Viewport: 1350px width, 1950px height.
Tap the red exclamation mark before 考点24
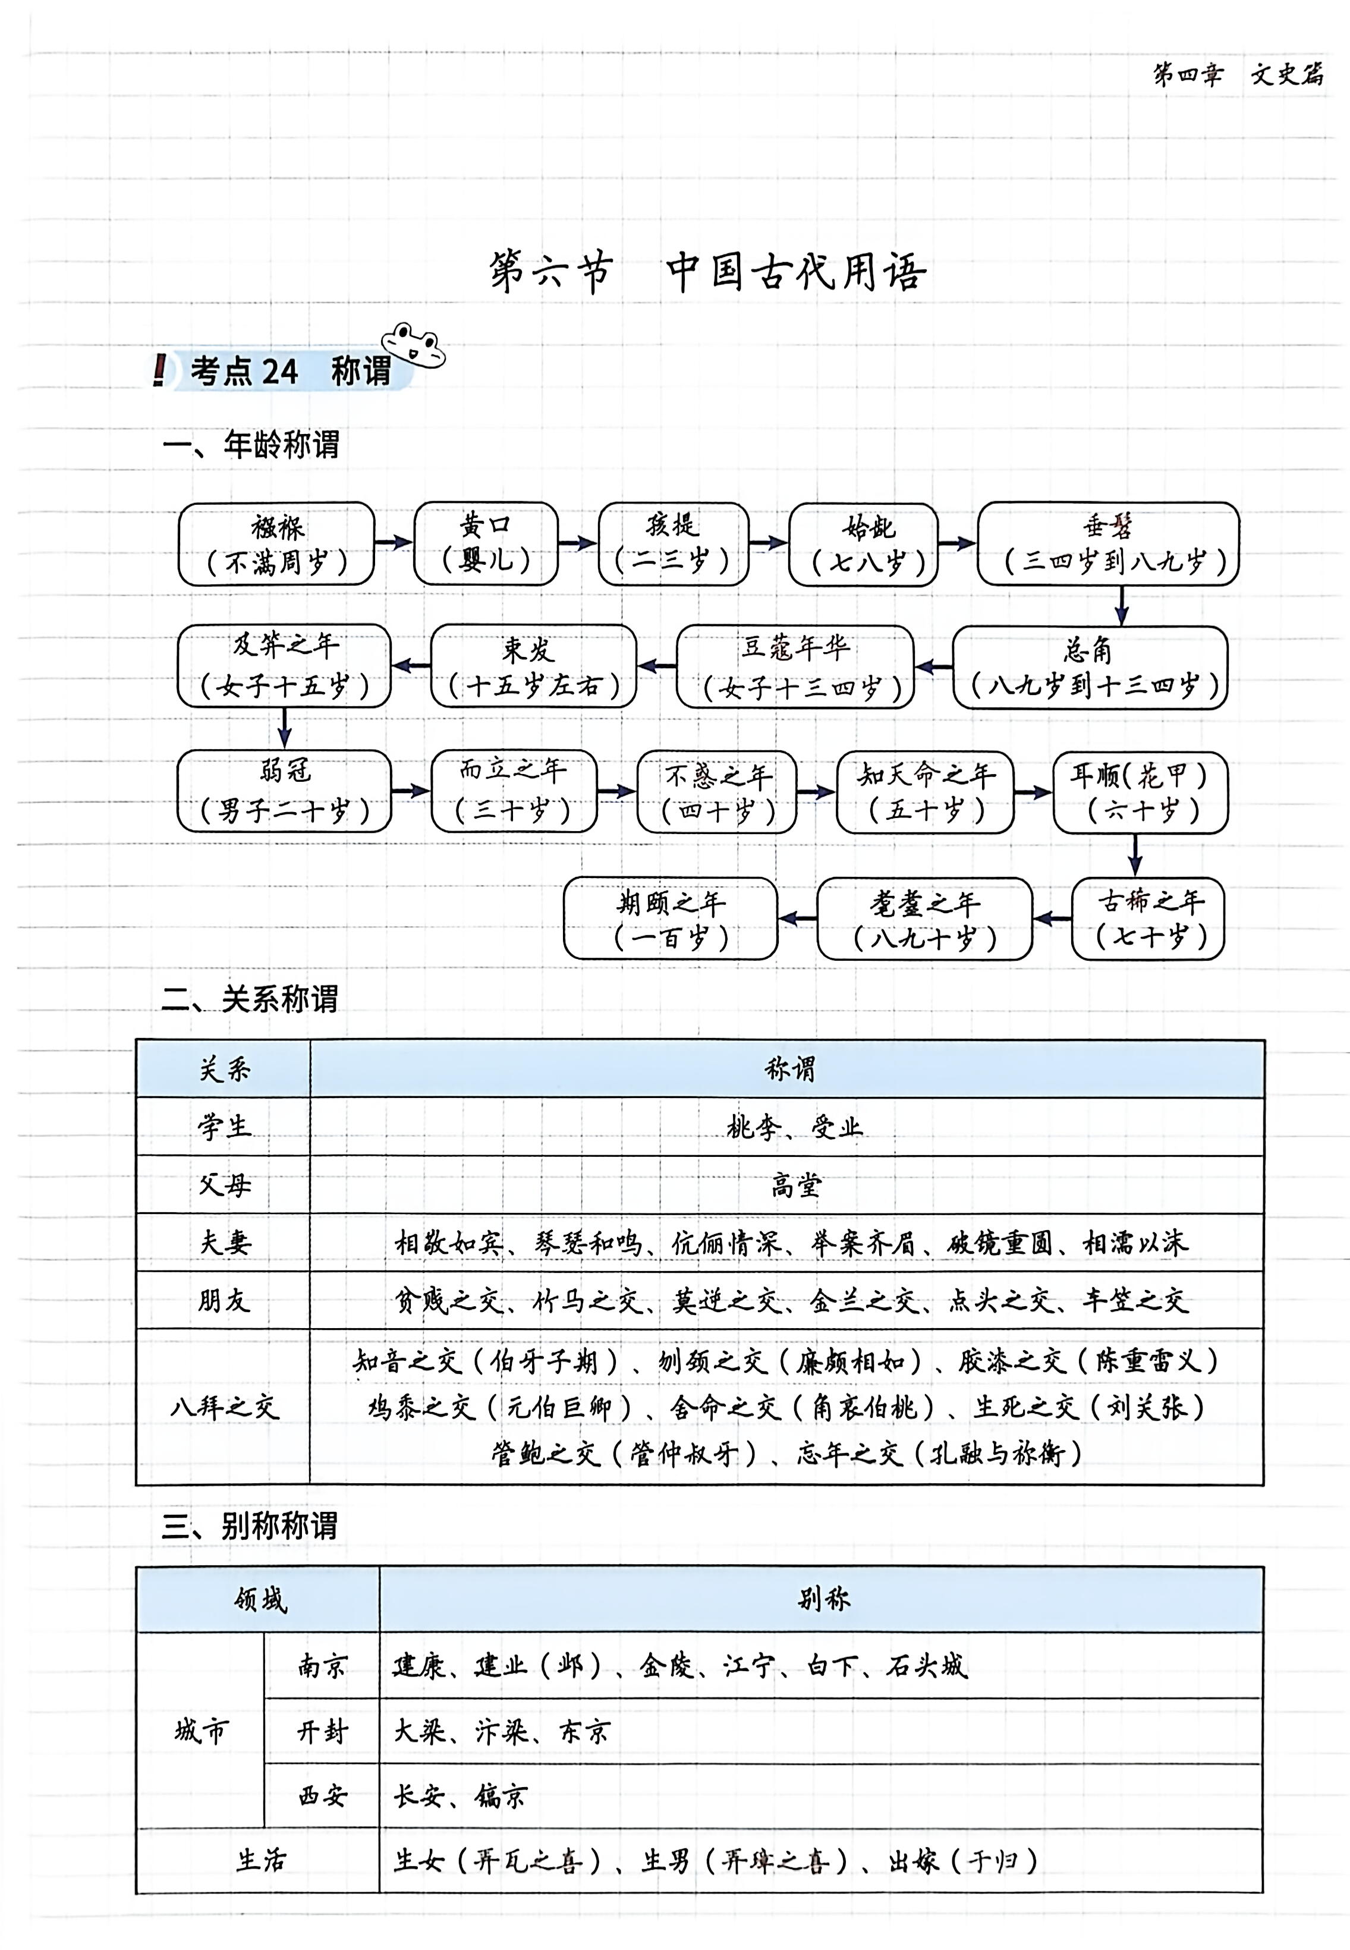click(159, 370)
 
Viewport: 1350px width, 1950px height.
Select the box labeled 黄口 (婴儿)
click(486, 543)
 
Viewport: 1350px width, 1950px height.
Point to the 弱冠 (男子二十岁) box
click(284, 791)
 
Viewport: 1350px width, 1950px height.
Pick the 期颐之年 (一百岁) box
click(670, 918)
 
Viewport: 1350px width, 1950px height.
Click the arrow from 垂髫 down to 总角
click(1122, 605)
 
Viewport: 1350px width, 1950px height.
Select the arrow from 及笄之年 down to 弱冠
click(284, 728)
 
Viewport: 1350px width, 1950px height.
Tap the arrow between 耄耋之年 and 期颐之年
click(797, 918)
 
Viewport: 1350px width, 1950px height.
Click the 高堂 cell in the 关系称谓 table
click(795, 1185)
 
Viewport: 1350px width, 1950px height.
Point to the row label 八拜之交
click(224, 1407)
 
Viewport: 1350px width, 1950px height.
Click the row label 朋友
click(224, 1300)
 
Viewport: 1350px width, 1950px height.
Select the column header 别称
click(822, 1599)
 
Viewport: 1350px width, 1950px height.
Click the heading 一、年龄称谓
click(251, 445)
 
